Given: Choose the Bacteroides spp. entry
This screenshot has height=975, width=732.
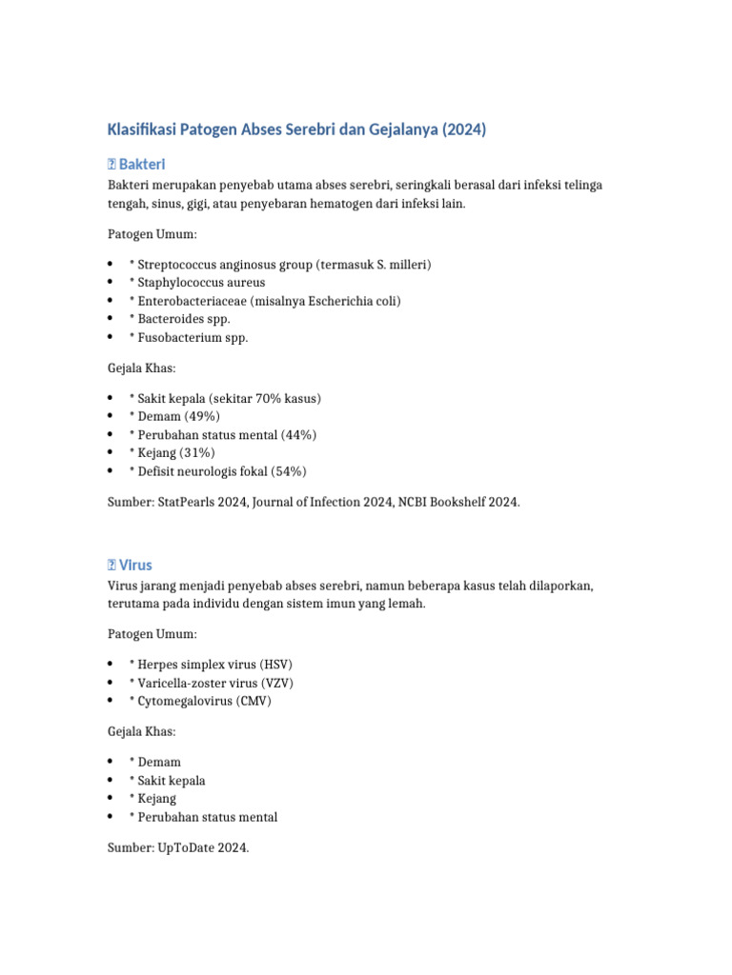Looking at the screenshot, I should click(x=184, y=319).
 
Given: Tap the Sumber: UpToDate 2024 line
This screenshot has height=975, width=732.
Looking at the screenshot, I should click(x=177, y=847).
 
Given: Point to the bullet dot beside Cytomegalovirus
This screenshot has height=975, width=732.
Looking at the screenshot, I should click(x=112, y=701).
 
